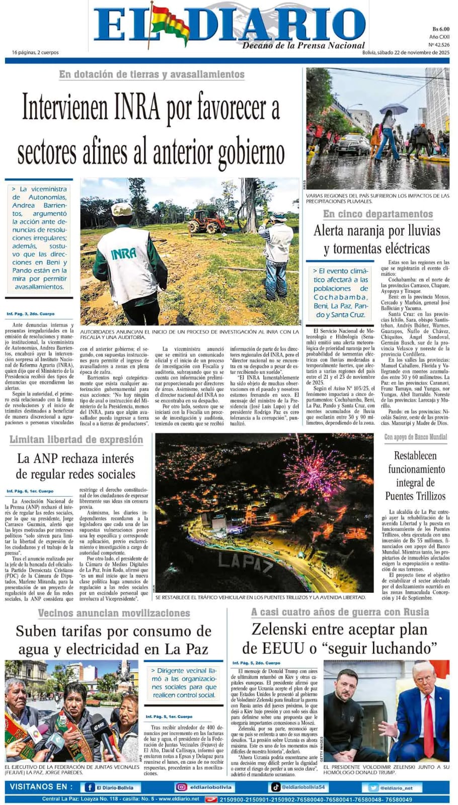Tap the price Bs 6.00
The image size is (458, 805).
(x=440, y=29)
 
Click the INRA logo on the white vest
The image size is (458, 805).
(x=124, y=253)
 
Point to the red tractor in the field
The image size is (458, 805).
(x=207, y=220)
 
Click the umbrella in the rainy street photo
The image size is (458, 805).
(x=393, y=109)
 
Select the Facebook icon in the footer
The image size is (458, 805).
(x=90, y=787)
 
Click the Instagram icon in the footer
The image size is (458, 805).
(x=181, y=787)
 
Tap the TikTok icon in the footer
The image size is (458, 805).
(x=276, y=787)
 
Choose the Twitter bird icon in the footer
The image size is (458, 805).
(x=373, y=788)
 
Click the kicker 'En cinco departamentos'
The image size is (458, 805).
(x=377, y=214)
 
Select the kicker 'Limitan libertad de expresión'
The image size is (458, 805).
(x=76, y=440)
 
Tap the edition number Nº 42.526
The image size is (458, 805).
(x=439, y=45)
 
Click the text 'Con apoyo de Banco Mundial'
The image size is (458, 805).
(x=415, y=437)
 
